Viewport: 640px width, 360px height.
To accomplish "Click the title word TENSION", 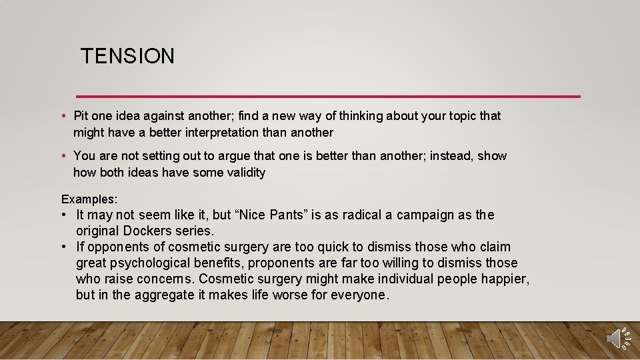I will [x=127, y=56].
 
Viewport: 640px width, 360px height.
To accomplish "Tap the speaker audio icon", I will [x=617, y=339].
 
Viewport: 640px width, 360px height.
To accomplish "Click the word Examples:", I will [x=89, y=199].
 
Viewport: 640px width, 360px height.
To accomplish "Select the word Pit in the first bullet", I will [x=82, y=116].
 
